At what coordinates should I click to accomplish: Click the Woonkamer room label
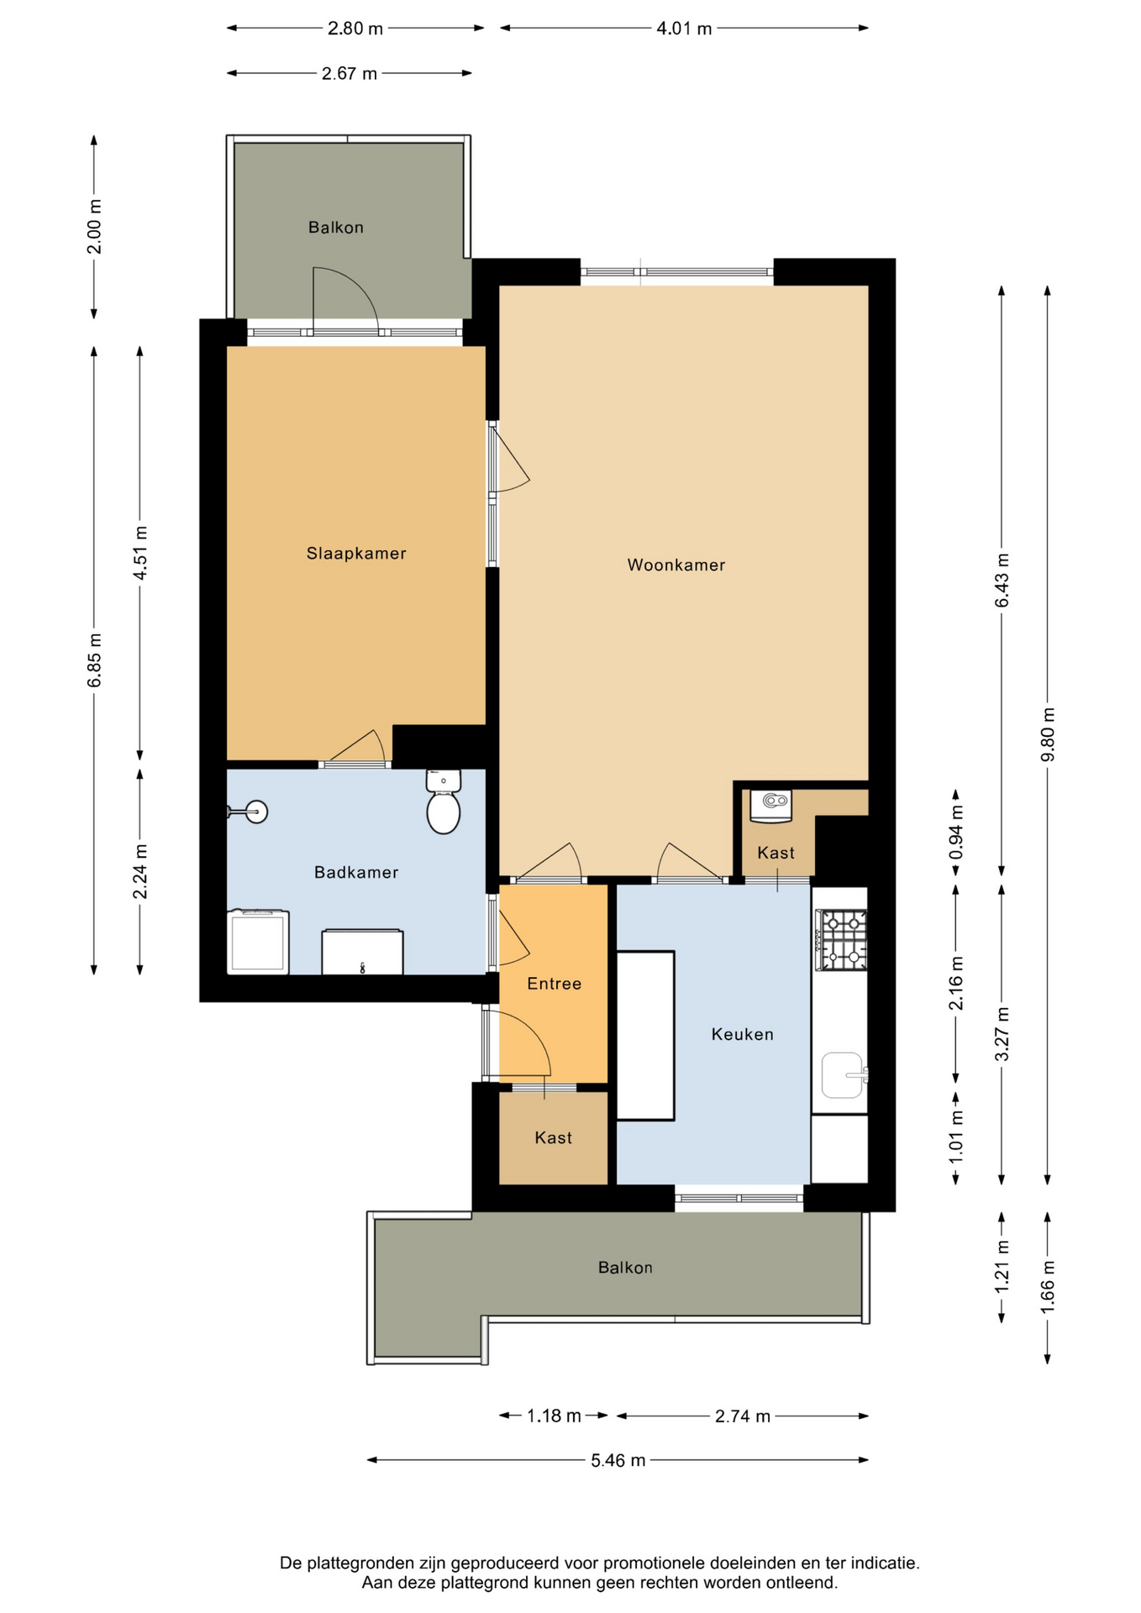click(676, 565)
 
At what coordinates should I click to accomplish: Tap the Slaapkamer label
click(356, 553)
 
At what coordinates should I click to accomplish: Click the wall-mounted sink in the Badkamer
click(249, 812)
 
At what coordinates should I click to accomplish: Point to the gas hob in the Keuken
click(840, 939)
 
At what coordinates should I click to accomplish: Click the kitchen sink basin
click(843, 1075)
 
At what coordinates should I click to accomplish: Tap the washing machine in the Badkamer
click(258, 942)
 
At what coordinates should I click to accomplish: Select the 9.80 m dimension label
click(1047, 733)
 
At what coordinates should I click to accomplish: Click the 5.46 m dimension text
click(618, 1460)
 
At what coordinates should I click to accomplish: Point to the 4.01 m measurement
click(684, 29)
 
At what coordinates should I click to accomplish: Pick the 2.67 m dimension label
click(350, 74)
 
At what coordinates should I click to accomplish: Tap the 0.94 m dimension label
click(955, 832)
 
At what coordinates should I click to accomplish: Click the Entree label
click(554, 984)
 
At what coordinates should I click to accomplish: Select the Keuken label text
click(742, 1034)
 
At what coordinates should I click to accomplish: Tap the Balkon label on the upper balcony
click(335, 227)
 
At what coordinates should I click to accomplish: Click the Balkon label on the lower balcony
click(625, 1267)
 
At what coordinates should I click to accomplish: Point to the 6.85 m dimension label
click(94, 660)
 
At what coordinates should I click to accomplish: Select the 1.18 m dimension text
click(554, 1416)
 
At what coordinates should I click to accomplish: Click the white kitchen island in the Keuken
click(645, 1035)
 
